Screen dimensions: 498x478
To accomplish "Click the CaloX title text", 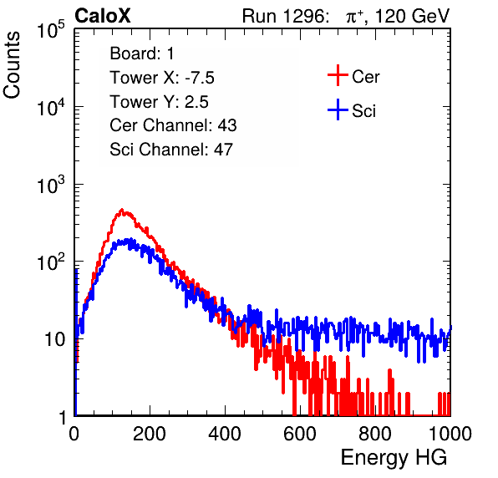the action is point(103,16).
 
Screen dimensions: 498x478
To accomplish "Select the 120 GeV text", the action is point(412,16).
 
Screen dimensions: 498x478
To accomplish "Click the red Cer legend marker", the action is point(338,75).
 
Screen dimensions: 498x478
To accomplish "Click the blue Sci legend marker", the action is point(338,110).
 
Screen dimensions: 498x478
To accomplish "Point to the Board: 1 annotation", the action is point(142,53).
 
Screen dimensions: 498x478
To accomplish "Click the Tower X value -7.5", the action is point(200,78).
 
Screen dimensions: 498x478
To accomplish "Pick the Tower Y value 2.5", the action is point(196,102).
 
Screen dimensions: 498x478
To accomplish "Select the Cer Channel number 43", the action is point(227,125).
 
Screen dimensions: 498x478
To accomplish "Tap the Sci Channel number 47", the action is point(223,150).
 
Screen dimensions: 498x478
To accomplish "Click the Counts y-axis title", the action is point(12,64).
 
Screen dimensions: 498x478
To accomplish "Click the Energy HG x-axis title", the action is point(394,457).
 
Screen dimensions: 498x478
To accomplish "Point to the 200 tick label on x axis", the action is point(150,434).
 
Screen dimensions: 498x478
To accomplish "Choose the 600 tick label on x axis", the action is point(300,434).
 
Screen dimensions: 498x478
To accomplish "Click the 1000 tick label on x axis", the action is point(450,434).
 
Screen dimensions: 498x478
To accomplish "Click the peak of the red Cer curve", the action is point(122,210).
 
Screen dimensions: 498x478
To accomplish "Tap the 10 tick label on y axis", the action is point(54,339).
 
